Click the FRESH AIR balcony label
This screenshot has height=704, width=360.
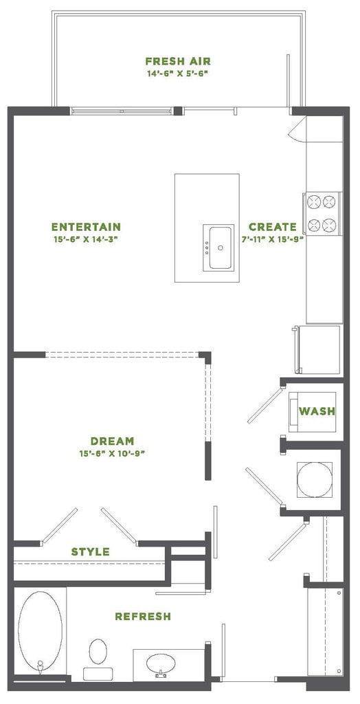(x=177, y=60)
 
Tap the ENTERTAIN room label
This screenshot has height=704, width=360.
(x=87, y=227)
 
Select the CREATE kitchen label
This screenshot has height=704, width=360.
(x=273, y=227)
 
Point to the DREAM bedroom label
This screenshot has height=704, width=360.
(x=112, y=441)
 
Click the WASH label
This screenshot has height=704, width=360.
(x=317, y=412)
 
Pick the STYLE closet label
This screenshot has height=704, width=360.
(x=91, y=552)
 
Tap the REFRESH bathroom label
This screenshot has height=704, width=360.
(x=143, y=617)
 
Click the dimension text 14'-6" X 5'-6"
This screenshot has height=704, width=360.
(x=177, y=73)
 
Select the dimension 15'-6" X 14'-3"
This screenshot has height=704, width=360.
(x=87, y=239)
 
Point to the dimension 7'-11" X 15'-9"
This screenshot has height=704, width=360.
(x=273, y=239)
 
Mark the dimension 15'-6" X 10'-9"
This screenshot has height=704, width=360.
(x=112, y=454)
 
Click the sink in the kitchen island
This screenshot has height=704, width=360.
(x=220, y=248)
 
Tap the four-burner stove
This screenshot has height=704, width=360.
(x=323, y=213)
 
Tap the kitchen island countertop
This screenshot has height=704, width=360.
(x=206, y=199)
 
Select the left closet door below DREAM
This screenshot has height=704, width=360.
(x=60, y=525)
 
